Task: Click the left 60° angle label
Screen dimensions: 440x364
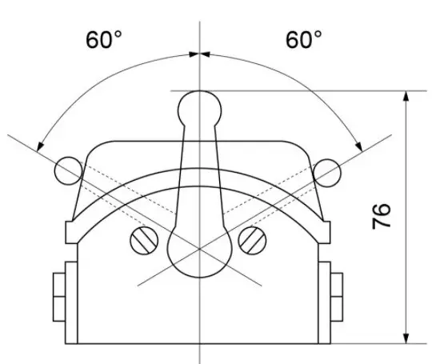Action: (x=104, y=39)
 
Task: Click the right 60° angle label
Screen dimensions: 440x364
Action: (x=304, y=39)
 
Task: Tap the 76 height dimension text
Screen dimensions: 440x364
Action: (x=382, y=216)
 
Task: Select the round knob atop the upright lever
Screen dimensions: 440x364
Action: (x=199, y=109)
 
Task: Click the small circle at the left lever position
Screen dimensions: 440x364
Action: (x=69, y=171)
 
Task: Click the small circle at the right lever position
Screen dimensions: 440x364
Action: (x=327, y=173)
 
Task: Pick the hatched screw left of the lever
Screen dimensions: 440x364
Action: (x=144, y=241)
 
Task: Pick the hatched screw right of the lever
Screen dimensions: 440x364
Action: (x=252, y=240)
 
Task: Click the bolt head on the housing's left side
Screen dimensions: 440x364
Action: (x=59, y=297)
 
